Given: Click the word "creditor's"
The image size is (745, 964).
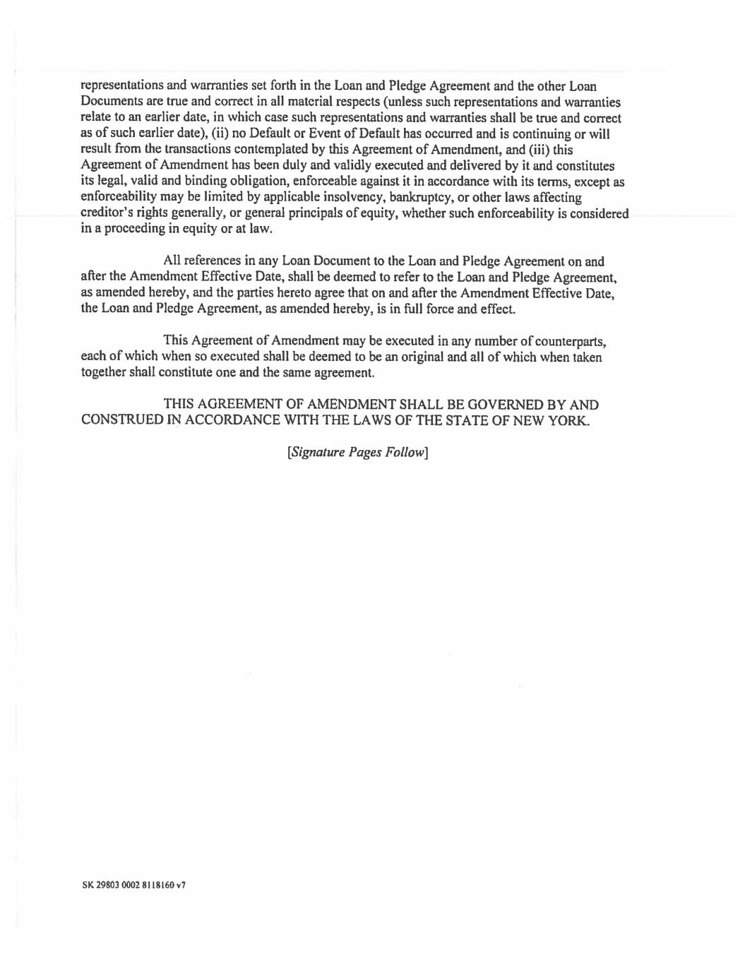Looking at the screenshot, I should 107,214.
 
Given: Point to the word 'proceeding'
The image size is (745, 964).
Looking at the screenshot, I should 134,230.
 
